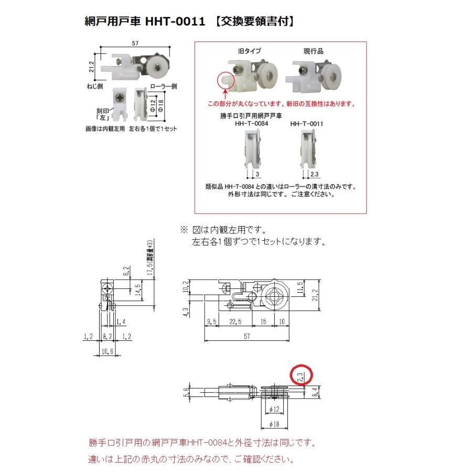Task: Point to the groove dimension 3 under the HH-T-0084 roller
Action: coord(258,174)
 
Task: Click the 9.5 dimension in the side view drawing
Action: coord(211,321)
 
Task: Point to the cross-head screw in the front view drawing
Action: coord(108,288)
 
